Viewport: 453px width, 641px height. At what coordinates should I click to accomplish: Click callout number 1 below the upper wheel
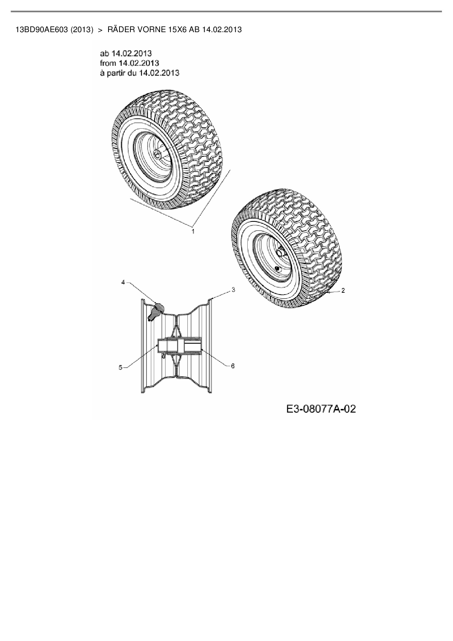tap(193, 231)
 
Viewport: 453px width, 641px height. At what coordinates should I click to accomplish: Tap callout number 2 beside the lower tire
tap(343, 291)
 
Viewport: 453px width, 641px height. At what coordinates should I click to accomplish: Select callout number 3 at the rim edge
tap(233, 290)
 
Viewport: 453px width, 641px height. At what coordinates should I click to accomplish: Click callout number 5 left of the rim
tap(121, 368)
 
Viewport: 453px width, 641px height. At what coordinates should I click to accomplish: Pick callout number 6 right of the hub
tap(233, 365)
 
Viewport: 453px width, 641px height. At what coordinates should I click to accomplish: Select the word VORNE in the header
tap(148, 30)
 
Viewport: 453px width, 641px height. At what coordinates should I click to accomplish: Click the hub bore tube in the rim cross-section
tap(179, 345)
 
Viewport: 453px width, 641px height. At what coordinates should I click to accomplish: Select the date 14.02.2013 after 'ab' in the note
tap(132, 54)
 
